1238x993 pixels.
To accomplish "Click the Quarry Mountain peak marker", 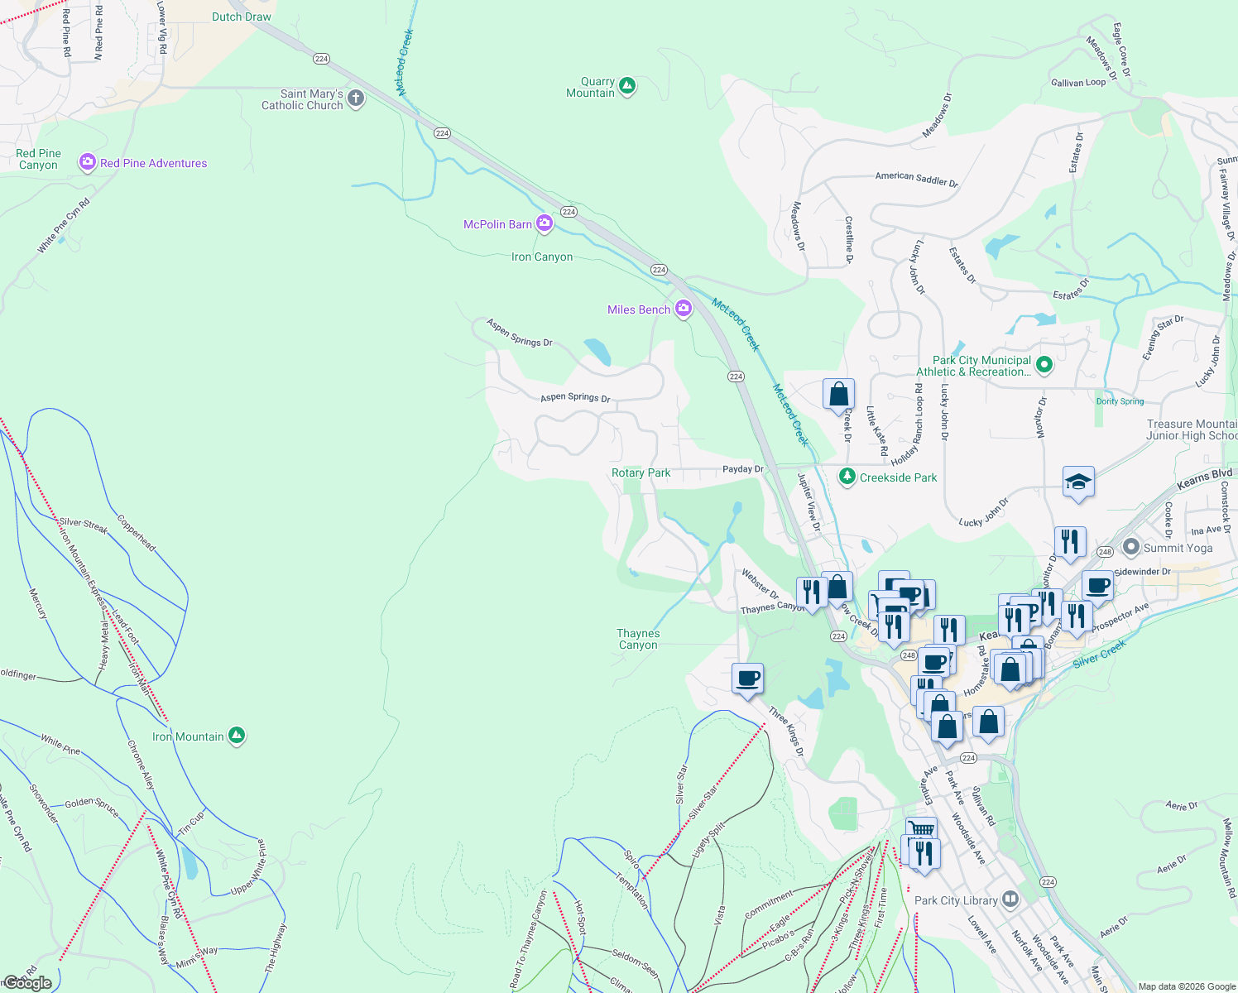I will [x=627, y=85].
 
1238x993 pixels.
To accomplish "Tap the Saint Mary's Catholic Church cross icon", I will [x=356, y=98].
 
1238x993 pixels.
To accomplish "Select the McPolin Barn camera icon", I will [x=544, y=223].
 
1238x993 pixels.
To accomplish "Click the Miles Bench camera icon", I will [x=683, y=309].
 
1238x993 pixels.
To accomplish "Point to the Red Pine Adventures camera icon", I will [x=87, y=162].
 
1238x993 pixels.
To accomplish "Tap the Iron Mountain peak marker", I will [x=237, y=735].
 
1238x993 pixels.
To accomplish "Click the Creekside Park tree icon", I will [x=847, y=477].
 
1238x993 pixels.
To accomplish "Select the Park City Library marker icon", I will [x=1010, y=899].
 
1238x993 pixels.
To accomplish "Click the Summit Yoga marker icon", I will [x=1131, y=547].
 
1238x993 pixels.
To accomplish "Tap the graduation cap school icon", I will [x=1078, y=482].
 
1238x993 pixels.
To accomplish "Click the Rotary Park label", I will [x=641, y=473].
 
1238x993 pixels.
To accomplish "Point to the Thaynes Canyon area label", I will [x=638, y=639].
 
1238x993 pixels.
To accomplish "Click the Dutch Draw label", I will [x=241, y=17].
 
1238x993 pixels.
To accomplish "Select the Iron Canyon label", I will [x=542, y=257].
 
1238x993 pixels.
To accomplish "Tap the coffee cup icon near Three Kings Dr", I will [x=748, y=679].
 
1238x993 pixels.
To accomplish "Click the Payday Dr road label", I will [x=742, y=469].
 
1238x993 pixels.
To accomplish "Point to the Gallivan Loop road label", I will [x=1077, y=83].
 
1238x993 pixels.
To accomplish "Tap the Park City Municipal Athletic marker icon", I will [x=1044, y=364].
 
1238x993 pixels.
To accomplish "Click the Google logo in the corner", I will [x=27, y=982].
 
